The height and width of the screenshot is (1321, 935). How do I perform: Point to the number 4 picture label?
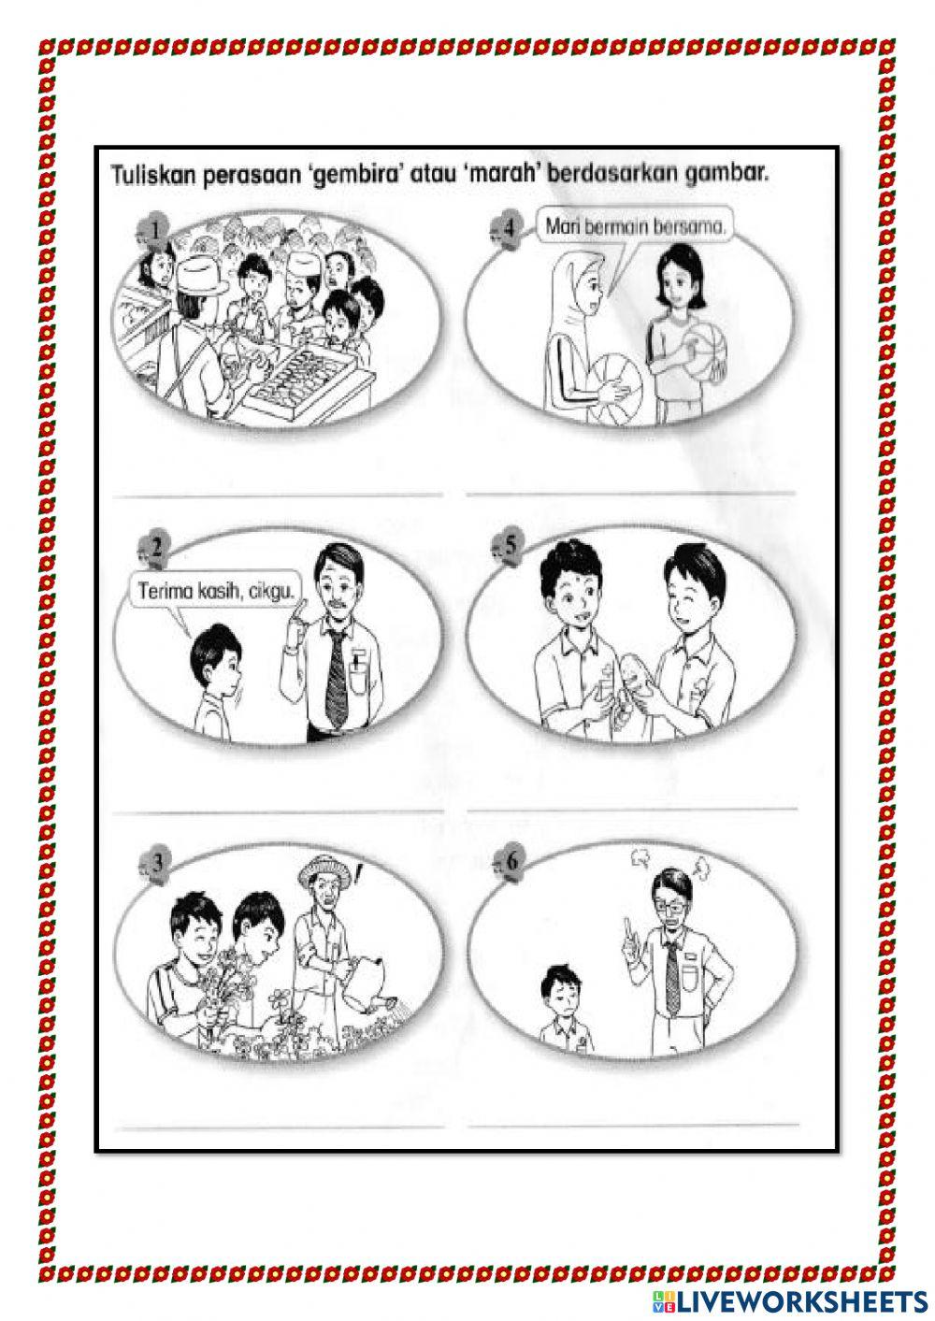click(510, 227)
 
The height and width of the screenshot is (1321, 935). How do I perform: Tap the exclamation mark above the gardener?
click(357, 877)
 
